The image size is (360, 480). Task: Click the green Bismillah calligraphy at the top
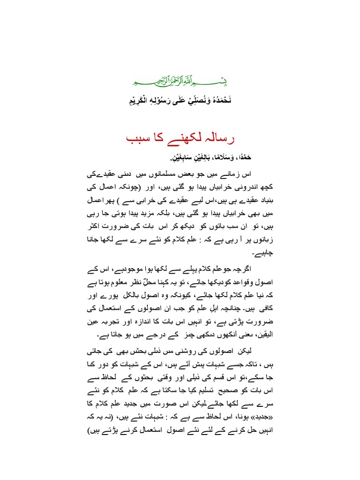pos(180,82)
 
